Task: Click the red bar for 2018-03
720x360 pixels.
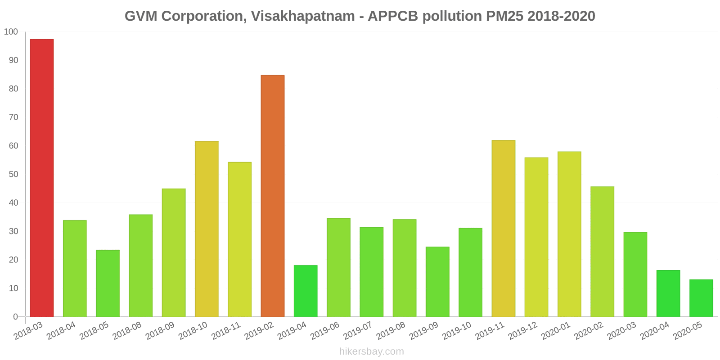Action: (42, 178)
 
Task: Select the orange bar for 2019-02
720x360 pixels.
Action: (273, 196)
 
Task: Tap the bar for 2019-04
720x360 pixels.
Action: (306, 291)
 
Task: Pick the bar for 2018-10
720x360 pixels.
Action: (207, 229)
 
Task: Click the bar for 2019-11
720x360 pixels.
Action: (503, 229)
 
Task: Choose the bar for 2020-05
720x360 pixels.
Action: (701, 298)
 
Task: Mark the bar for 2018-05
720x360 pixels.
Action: (108, 283)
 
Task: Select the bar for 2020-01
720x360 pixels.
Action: (569, 234)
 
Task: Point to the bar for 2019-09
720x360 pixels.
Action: (437, 282)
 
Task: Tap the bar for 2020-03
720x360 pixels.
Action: (635, 274)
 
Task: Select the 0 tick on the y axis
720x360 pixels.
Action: (15, 317)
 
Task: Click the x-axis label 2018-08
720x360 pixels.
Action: (127, 332)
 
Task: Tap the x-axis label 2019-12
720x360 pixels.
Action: (523, 332)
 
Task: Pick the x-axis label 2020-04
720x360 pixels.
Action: (655, 332)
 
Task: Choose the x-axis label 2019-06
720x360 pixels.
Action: (325, 332)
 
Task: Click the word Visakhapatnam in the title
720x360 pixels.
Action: (303, 16)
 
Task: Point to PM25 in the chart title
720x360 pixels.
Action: (504, 16)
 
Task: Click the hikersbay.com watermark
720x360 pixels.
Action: (372, 351)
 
